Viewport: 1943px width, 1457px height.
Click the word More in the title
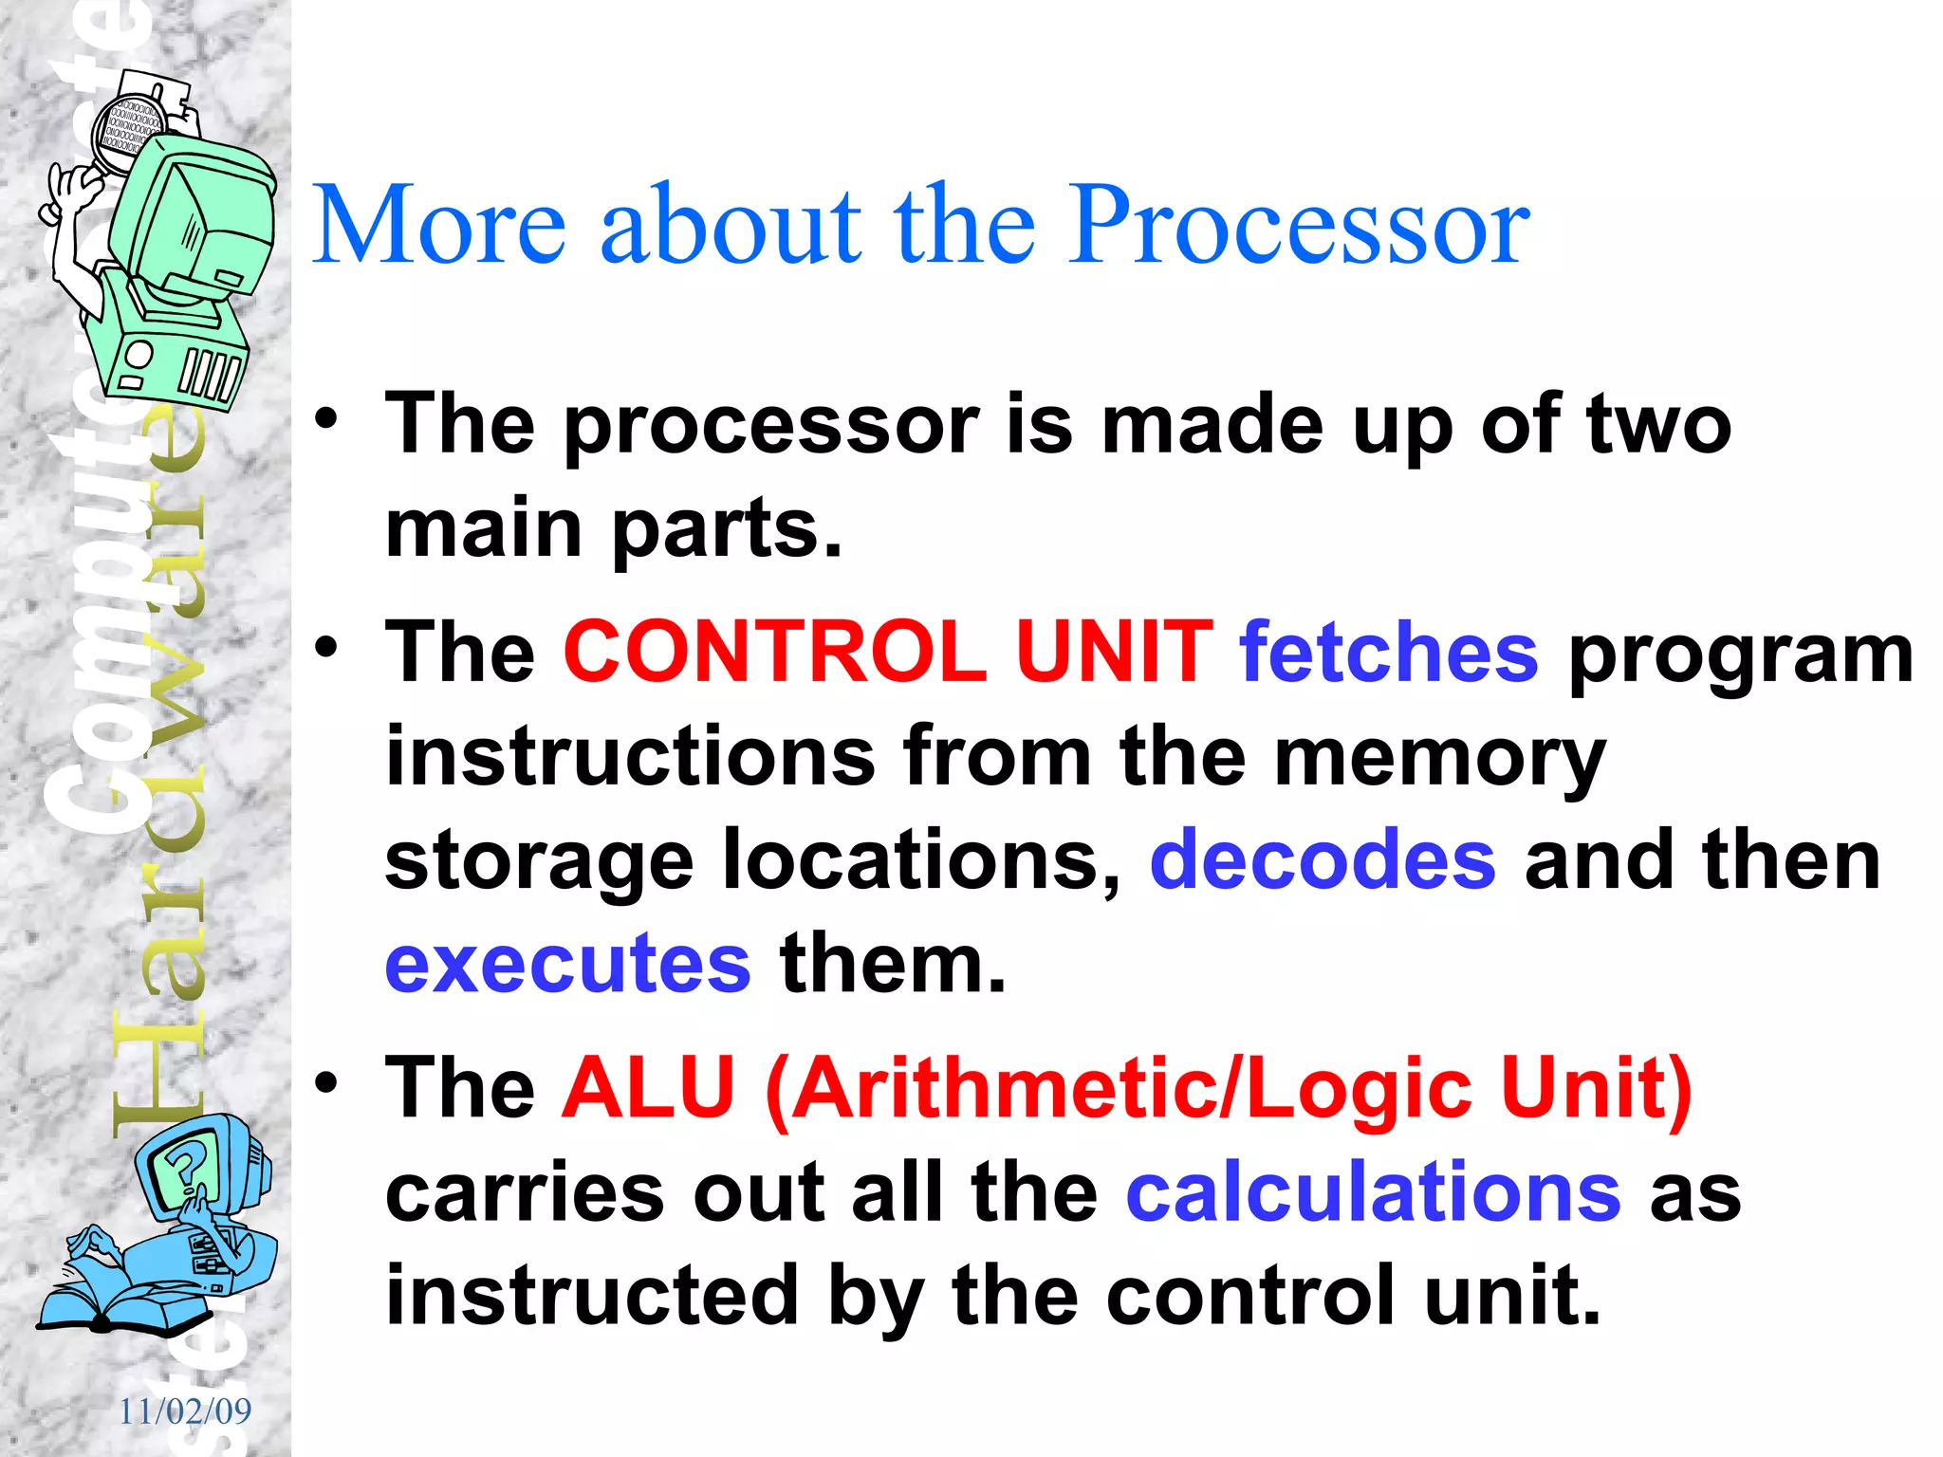438,226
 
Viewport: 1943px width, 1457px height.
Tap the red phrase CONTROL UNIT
888,653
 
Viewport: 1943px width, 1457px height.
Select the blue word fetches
1388,653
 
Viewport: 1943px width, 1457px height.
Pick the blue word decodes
1322,859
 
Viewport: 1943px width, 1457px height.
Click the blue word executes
567,964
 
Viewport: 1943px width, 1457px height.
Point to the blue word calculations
1373,1193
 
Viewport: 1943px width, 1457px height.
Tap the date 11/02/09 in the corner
185,1411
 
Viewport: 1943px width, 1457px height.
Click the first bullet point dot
326,419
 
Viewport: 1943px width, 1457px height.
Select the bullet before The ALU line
326,1082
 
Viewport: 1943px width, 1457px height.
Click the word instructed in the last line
592,1296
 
